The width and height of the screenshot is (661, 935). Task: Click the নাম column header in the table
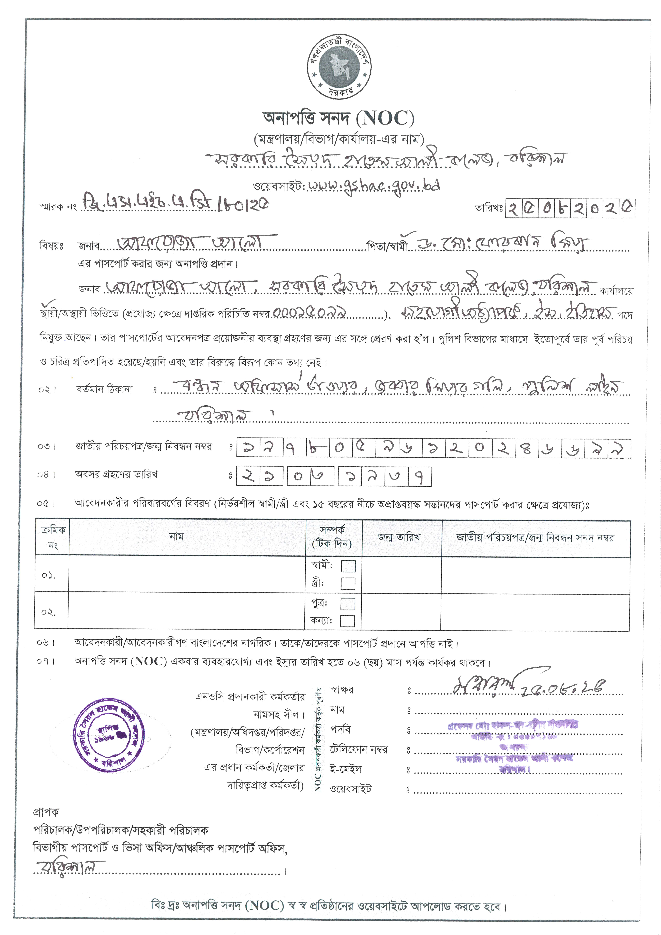pyautogui.click(x=176, y=537)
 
